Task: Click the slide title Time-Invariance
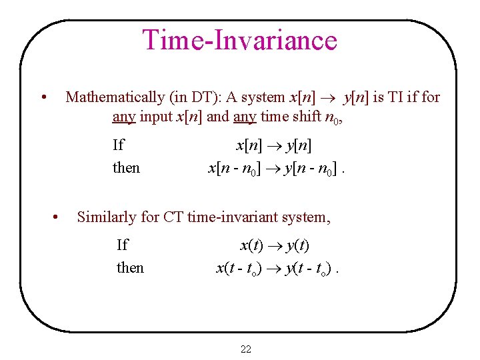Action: tap(240, 40)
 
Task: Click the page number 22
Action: tap(245, 349)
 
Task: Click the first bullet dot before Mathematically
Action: tap(43, 98)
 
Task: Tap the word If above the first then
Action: tap(118, 145)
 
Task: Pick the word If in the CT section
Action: tap(122, 245)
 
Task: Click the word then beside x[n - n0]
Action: tap(126, 167)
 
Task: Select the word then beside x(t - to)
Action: tap(130, 267)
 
